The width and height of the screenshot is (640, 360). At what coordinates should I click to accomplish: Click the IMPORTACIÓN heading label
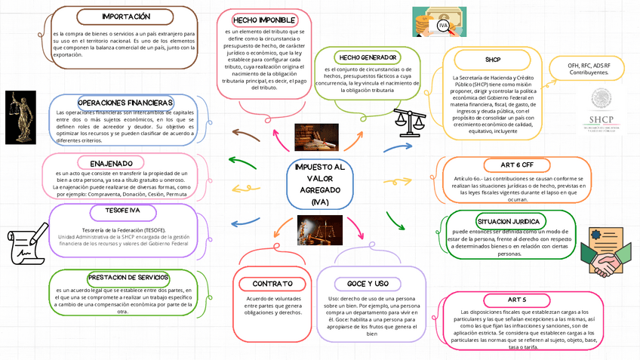[x=126, y=16]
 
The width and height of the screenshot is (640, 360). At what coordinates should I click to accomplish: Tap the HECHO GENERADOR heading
[x=368, y=57]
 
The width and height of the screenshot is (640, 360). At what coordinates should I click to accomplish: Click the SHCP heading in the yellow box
[x=492, y=59]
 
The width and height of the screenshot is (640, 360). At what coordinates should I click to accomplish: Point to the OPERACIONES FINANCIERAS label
[x=125, y=102]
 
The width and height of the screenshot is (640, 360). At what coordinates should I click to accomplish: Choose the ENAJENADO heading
[x=116, y=163]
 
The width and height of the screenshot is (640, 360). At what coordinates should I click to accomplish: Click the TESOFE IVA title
[x=122, y=210]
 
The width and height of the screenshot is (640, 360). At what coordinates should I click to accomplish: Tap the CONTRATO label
[x=266, y=283]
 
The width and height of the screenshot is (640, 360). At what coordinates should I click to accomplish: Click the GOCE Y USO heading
[x=368, y=283]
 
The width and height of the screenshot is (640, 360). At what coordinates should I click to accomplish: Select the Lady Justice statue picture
[x=20, y=116]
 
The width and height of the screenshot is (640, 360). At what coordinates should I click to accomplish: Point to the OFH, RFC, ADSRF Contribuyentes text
[x=589, y=69]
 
